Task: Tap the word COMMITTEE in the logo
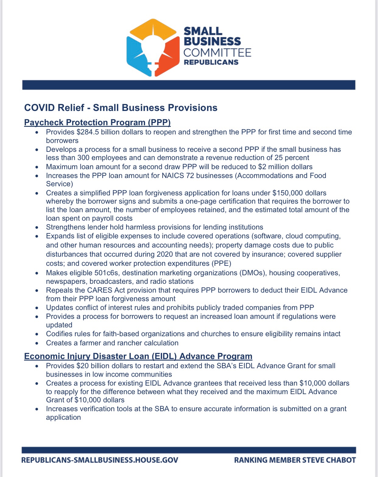217,52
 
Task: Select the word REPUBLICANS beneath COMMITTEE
211,62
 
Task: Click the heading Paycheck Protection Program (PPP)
97,122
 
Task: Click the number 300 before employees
83,158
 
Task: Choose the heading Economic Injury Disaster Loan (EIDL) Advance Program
138,356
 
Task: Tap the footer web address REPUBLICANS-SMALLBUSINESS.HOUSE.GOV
100,460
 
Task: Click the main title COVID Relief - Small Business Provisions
121,108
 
